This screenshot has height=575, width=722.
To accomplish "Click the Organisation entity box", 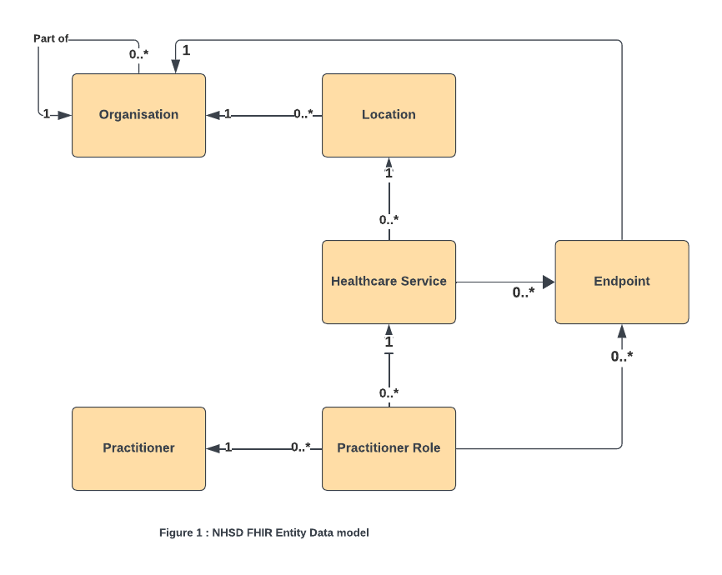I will pos(138,115).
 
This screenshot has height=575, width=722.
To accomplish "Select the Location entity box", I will pos(389,115).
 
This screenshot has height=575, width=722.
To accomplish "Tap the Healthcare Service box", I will pos(389,282).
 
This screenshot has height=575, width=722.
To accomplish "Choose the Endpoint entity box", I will pos(621,282).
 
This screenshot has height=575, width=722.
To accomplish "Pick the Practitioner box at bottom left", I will pos(138,448).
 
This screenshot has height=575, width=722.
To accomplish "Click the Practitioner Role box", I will pos(389,448).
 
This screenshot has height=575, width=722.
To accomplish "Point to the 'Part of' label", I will pos(51,39).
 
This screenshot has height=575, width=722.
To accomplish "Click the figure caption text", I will pos(263,532).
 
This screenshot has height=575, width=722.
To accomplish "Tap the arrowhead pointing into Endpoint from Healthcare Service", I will pos(549,282).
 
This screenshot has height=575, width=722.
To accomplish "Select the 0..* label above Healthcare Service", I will pos(389,220).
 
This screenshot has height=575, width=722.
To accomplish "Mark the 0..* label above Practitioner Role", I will pos(389,392).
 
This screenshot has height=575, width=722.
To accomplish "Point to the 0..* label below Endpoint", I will pos(621,356).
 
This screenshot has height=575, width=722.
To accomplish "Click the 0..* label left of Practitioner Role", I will pos(301,447).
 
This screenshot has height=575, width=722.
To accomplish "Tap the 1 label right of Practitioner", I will pos(228,447).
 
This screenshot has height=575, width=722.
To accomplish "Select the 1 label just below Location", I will pos(389,173).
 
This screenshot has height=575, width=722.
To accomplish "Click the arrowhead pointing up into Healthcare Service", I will pos(389,330).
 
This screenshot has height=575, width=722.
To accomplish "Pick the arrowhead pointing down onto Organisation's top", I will pos(175,67).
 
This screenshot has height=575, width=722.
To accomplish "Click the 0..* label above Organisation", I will pos(138,54).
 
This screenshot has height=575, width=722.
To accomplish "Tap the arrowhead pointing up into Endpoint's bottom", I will pos(621,330).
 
